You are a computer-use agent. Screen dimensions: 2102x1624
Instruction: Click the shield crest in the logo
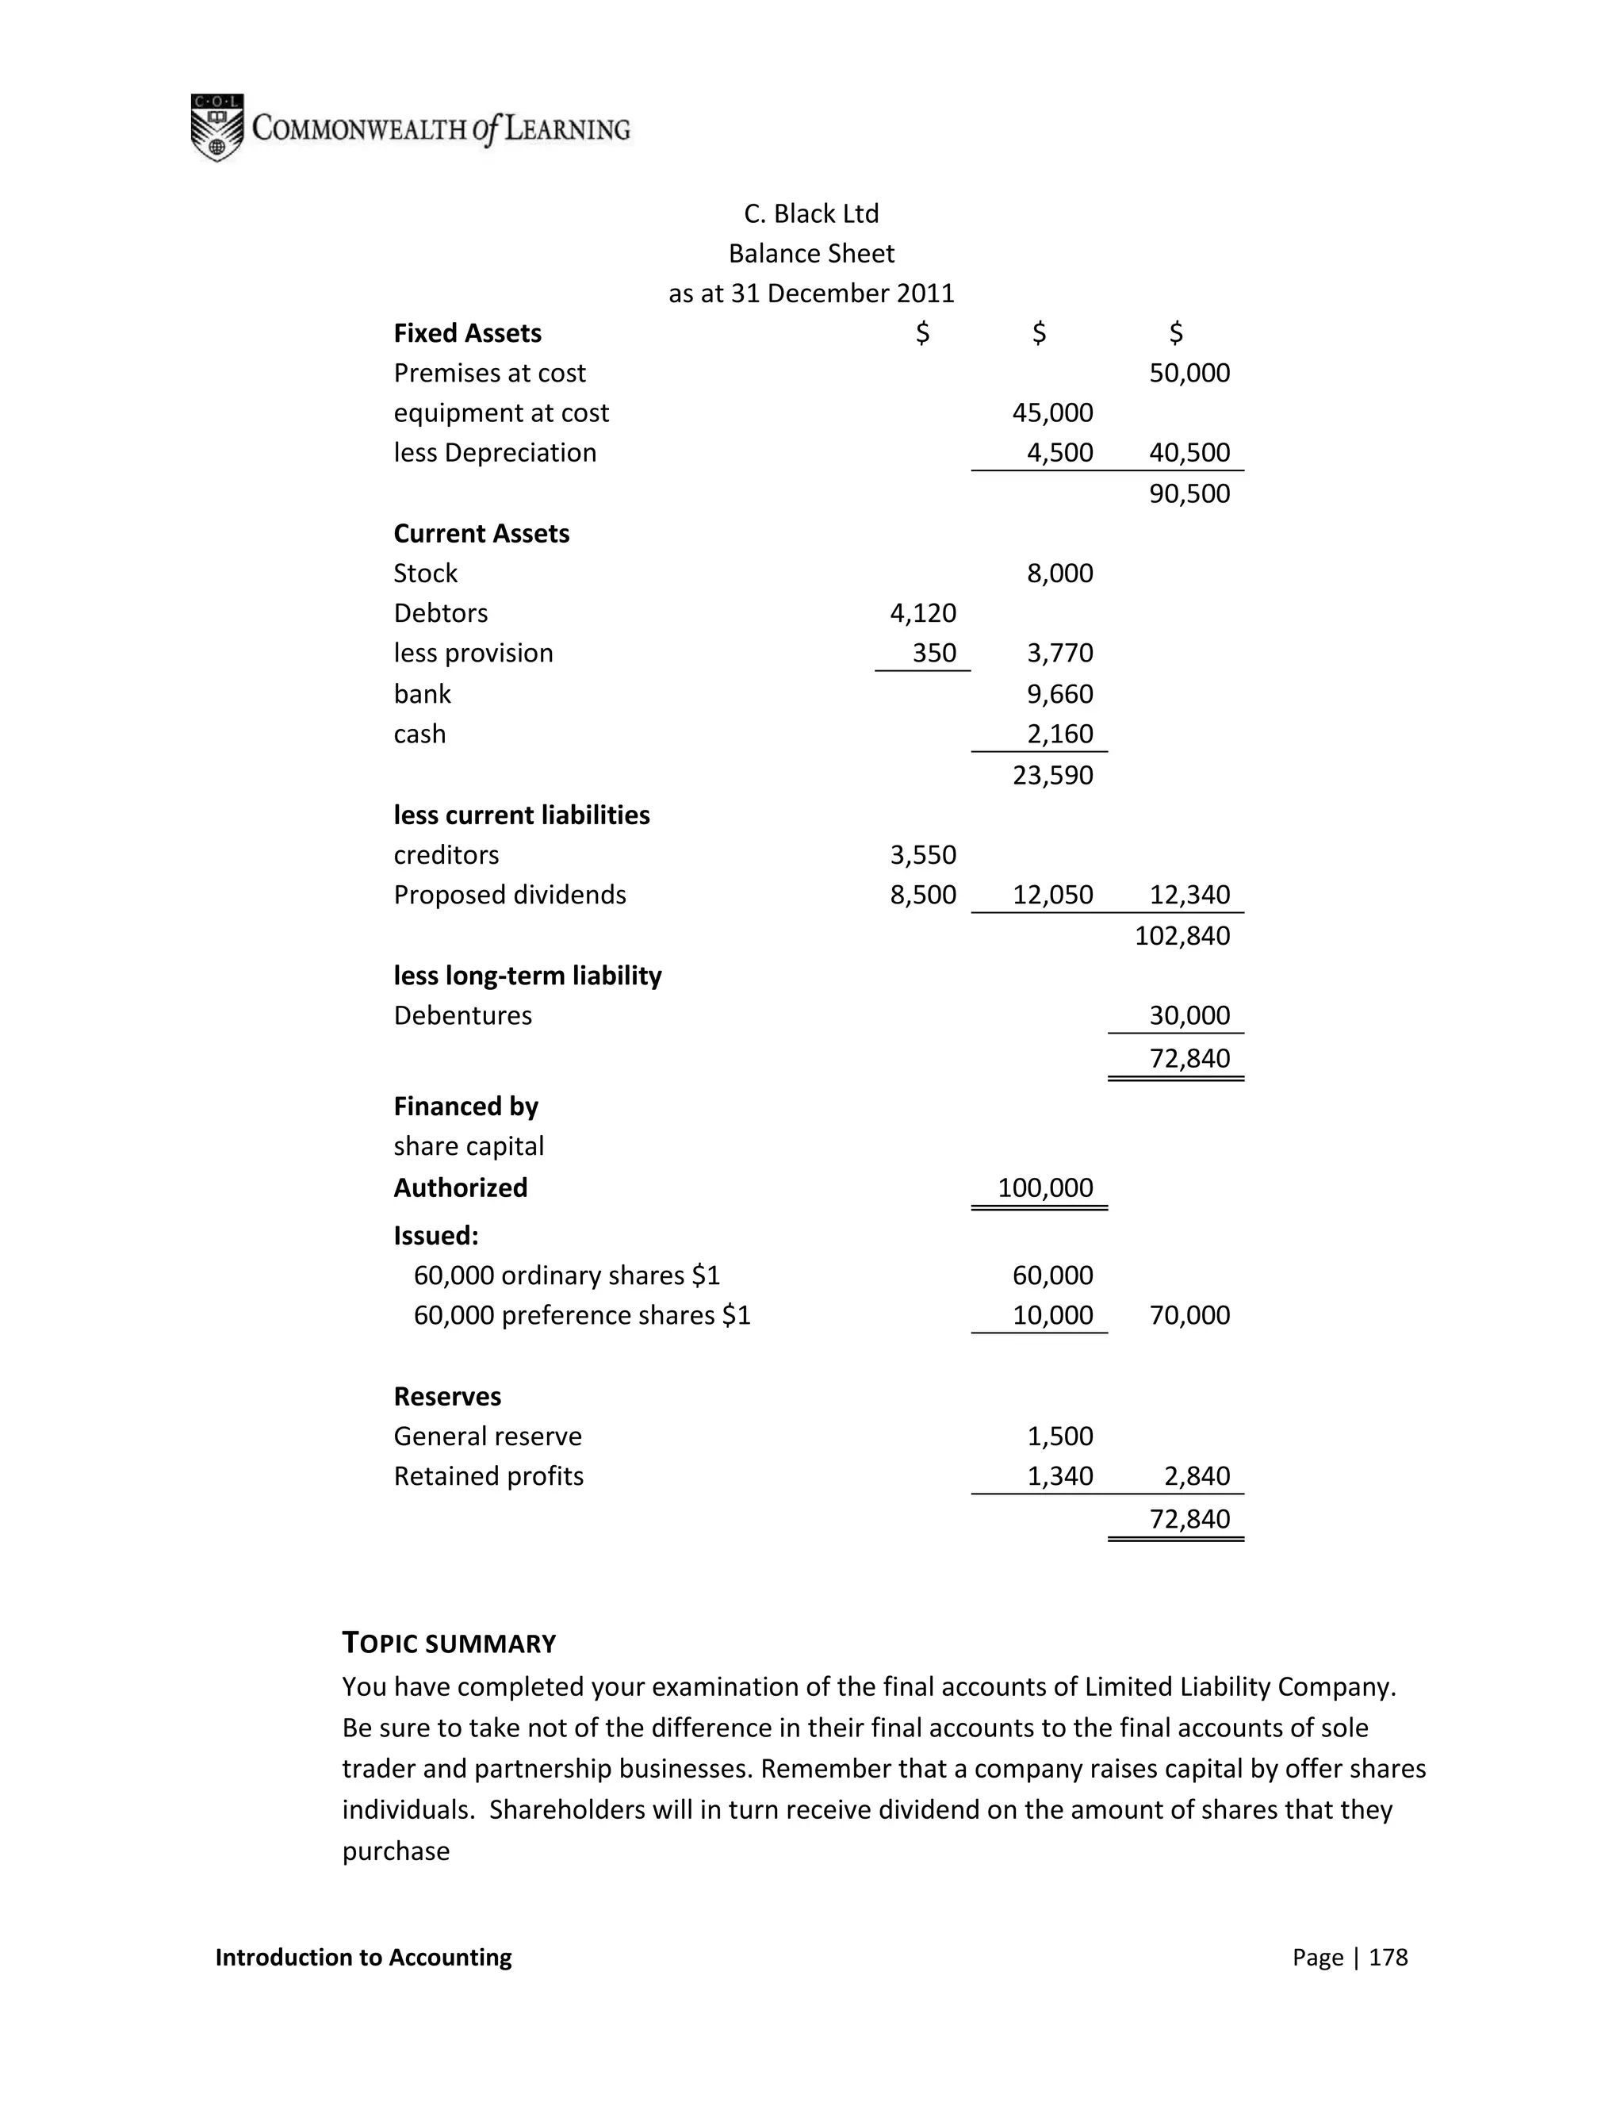click(x=216, y=128)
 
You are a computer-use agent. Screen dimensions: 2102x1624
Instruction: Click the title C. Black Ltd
click(x=811, y=213)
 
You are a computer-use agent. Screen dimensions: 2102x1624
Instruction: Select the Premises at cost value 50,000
click(x=1189, y=374)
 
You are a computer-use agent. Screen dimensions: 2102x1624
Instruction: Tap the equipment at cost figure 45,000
click(x=1052, y=413)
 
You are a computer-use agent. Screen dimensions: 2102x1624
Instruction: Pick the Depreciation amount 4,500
click(x=1059, y=453)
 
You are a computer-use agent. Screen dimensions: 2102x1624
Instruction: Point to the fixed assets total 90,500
click(x=1189, y=493)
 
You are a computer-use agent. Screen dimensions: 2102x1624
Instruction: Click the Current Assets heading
click(x=481, y=534)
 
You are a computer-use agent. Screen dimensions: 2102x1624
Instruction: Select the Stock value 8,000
click(x=1059, y=573)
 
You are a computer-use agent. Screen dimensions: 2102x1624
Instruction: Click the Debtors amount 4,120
click(x=923, y=613)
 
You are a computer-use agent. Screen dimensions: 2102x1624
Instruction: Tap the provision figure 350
click(x=933, y=654)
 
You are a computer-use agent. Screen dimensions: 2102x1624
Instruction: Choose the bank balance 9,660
click(x=1059, y=694)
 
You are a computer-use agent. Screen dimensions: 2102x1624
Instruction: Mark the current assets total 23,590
click(x=1052, y=776)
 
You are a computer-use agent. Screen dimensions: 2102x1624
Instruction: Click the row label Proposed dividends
click(x=509, y=895)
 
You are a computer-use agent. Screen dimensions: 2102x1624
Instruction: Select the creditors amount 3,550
click(x=923, y=856)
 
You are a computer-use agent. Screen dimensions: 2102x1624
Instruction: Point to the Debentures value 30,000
click(x=1189, y=1016)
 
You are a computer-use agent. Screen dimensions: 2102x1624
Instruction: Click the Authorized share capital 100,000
click(x=1045, y=1187)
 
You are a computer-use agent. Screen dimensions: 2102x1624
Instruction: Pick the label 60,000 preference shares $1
click(x=581, y=1316)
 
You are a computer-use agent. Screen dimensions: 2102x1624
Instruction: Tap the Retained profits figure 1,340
click(x=1059, y=1476)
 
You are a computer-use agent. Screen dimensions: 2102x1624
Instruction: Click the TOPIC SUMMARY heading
click(x=450, y=1643)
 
